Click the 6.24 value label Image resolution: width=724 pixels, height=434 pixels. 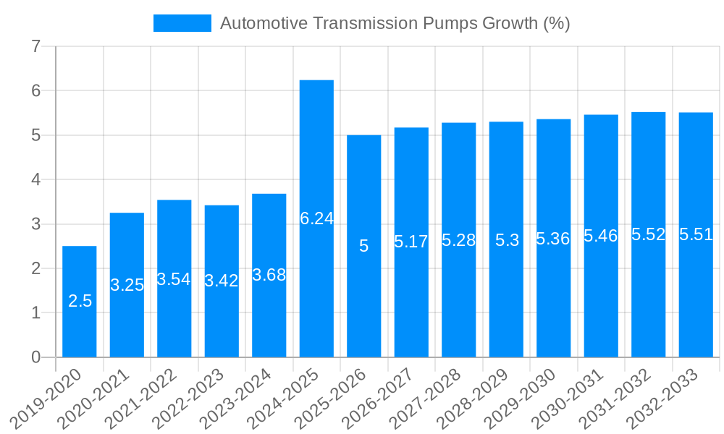coord(316,218)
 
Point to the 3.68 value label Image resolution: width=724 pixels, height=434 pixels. coord(269,275)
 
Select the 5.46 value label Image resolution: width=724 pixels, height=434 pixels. coord(601,235)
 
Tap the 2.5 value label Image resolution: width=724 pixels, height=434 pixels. coord(80,301)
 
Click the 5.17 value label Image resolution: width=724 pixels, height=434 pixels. coord(411,242)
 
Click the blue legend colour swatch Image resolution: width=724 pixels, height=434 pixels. coord(182,23)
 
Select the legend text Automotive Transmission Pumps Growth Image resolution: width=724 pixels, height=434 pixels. coord(395,23)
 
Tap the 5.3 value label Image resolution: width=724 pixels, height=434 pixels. coord(507,240)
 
